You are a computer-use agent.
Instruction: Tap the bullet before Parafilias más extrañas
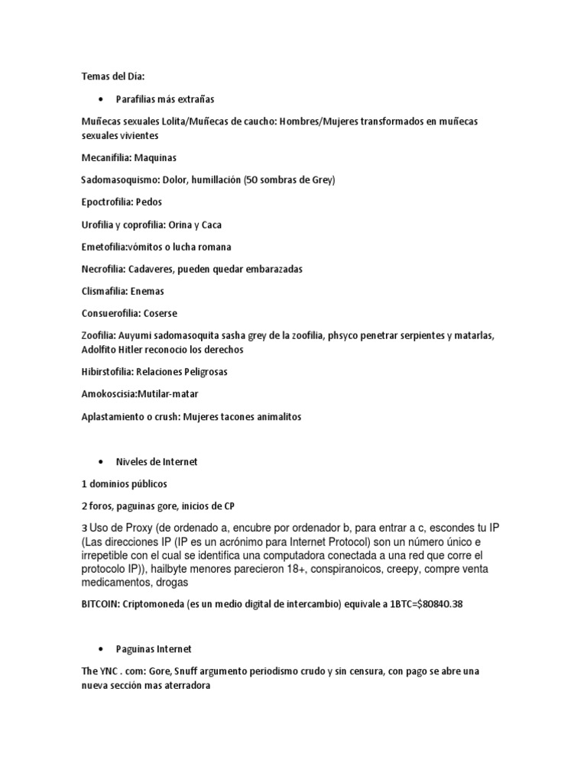click(100, 99)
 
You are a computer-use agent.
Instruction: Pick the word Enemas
click(148, 291)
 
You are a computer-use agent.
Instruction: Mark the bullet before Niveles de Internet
click(100, 461)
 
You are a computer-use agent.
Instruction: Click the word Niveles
click(133, 461)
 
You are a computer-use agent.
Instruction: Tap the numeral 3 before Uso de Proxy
click(83, 529)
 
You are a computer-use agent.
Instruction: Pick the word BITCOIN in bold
click(103, 603)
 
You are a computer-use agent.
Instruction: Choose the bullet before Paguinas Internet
click(100, 648)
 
